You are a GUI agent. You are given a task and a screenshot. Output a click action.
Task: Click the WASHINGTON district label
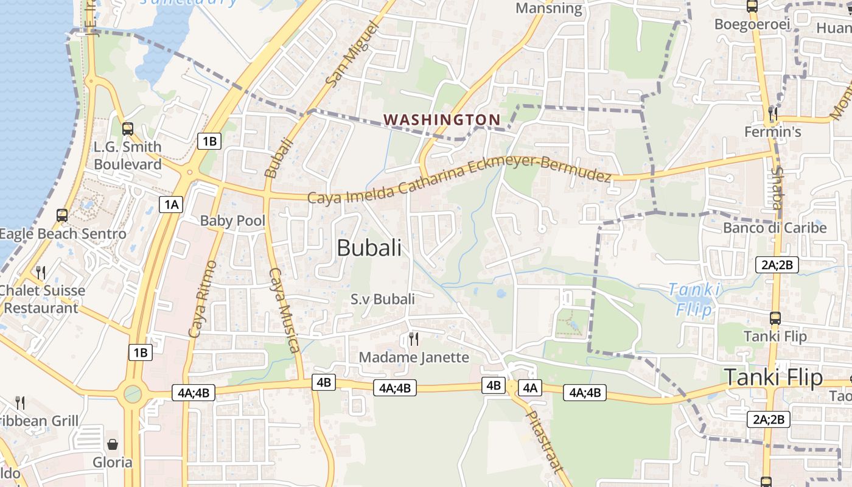pyautogui.click(x=442, y=120)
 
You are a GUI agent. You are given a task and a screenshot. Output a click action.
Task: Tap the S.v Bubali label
pyautogui.click(x=383, y=299)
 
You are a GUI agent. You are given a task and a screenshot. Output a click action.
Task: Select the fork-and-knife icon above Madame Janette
pyautogui.click(x=414, y=339)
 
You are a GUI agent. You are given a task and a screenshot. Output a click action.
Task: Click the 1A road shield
pyautogui.click(x=171, y=205)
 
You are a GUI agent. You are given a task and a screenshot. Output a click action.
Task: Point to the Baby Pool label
pyautogui.click(x=232, y=220)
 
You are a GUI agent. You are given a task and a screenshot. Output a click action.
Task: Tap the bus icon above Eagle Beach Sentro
pyautogui.click(x=61, y=215)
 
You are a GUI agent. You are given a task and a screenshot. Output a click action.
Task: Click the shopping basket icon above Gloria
pyautogui.click(x=112, y=445)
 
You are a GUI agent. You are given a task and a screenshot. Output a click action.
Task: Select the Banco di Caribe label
pyautogui.click(x=775, y=228)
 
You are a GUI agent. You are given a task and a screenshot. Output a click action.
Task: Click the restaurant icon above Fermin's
pyautogui.click(x=773, y=113)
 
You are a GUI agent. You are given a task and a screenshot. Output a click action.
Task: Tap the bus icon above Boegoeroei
pyautogui.click(x=752, y=7)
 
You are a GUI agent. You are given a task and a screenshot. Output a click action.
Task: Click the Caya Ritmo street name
pyautogui.click(x=202, y=299)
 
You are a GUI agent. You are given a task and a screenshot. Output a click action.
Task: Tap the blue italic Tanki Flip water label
pyautogui.click(x=694, y=299)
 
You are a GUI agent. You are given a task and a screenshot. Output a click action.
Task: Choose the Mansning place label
pyautogui.click(x=549, y=8)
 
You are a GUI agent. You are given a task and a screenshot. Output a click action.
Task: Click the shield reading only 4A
pyautogui.click(x=529, y=388)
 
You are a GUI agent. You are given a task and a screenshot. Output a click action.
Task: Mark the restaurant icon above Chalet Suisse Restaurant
pyautogui.click(x=41, y=272)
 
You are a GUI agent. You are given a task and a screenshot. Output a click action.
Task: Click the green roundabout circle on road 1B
pyautogui.click(x=132, y=394)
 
